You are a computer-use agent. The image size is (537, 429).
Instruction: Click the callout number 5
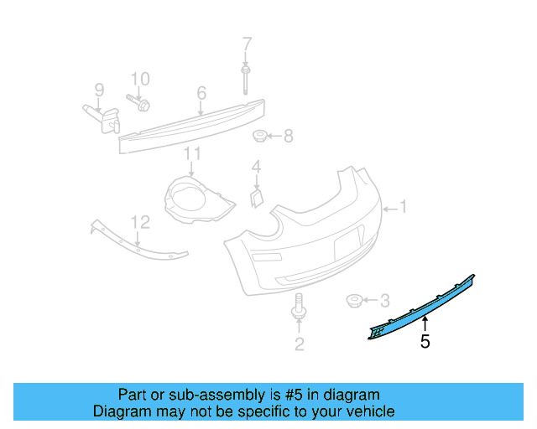tap(425, 342)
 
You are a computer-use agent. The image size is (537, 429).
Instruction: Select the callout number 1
tap(403, 206)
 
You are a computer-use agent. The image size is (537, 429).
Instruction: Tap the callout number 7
tap(247, 44)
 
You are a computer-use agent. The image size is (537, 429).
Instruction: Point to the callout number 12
tap(140, 222)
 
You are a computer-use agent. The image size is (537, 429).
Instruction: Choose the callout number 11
tap(193, 153)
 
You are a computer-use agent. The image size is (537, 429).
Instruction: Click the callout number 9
tap(98, 90)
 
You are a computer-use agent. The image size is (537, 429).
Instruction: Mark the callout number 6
tap(201, 92)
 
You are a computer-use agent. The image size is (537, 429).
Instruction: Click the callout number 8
tap(288, 136)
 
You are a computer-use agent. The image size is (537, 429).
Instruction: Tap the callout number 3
tap(385, 300)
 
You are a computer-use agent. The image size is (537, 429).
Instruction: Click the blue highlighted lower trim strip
tap(420, 304)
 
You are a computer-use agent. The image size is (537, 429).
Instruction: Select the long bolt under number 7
tap(246, 79)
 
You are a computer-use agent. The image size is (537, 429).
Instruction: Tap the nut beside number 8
tap(261, 136)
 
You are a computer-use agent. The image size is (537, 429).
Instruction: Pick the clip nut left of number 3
tap(356, 299)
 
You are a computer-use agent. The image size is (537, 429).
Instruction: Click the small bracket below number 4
tap(255, 196)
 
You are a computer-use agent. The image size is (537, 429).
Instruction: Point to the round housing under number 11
tap(193, 198)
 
